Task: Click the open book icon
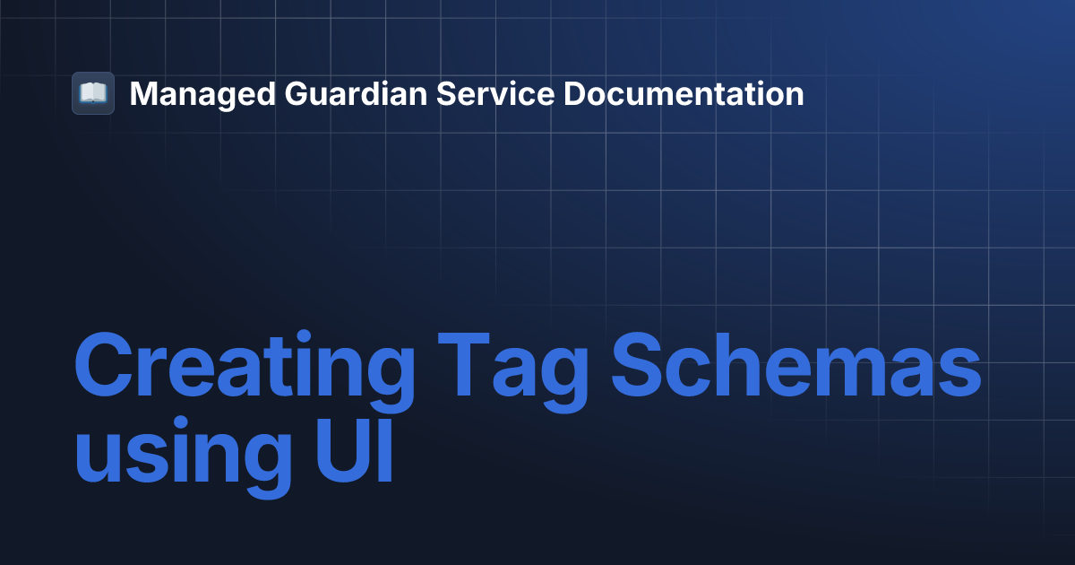pos(93,93)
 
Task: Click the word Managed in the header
pos(202,95)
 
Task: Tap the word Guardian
pos(356,93)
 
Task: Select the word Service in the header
pos(495,93)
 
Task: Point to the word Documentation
pos(684,93)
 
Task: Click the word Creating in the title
pos(245,371)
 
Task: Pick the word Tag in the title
pos(513,372)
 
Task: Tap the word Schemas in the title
pos(796,364)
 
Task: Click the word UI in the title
pos(355,450)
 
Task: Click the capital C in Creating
pos(104,364)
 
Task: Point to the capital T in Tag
pos(464,364)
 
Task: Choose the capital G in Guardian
pos(298,93)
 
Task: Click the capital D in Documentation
pos(576,93)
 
